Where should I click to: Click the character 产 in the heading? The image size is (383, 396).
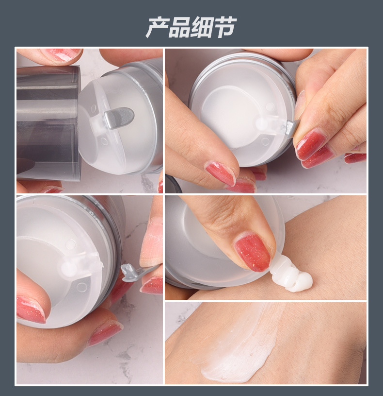(x=157, y=27)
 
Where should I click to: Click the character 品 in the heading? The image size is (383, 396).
(x=179, y=27)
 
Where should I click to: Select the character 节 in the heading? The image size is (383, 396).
(x=224, y=27)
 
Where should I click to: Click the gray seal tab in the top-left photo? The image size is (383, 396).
(x=119, y=118)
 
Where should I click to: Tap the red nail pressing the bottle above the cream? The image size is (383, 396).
(x=252, y=252)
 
